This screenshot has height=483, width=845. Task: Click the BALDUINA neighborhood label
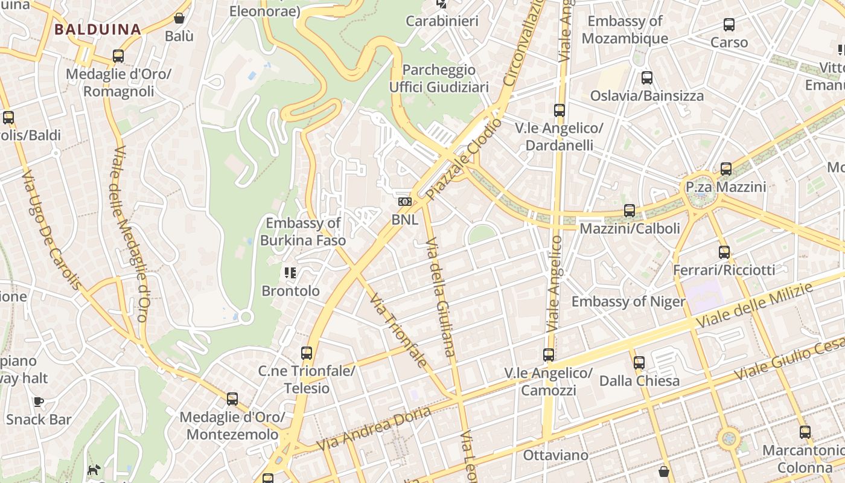(97, 29)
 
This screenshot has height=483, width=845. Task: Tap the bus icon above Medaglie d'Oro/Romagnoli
(118, 56)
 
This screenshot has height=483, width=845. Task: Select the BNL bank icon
(404, 202)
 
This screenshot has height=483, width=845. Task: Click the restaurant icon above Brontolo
(290, 273)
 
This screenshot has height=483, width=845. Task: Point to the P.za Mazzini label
(725, 187)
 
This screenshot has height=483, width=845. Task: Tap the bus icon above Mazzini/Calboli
(630, 211)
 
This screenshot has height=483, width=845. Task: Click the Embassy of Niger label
(628, 301)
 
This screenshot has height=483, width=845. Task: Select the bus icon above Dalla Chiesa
(639, 363)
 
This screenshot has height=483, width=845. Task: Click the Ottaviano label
(555, 455)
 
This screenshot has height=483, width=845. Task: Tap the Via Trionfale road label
(398, 330)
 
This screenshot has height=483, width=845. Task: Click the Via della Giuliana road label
(440, 296)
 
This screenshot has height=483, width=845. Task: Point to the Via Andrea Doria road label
(374, 429)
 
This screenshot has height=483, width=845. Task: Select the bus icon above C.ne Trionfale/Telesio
(307, 353)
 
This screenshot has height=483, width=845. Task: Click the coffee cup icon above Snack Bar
(39, 401)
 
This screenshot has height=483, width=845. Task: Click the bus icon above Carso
(729, 25)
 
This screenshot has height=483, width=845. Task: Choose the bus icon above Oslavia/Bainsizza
(647, 78)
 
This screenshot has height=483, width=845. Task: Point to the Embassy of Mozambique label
(625, 30)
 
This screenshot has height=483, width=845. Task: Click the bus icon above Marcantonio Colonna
(805, 432)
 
